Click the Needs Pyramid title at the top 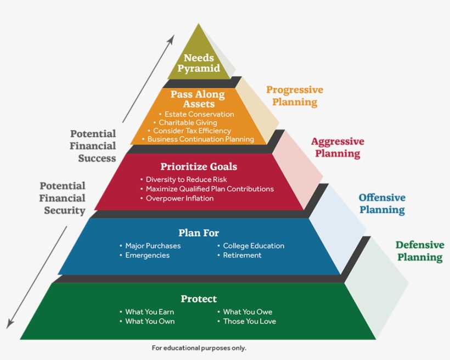point(198,63)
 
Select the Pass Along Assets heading point(197,99)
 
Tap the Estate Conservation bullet point(199,114)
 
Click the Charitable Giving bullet point(188,122)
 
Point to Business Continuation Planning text point(200,139)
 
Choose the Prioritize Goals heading point(199,166)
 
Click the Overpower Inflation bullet point(179,198)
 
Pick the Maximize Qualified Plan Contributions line point(209,189)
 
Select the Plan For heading point(199,233)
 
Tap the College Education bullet point(254,246)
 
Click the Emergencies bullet point(147,255)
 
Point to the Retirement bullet point(242,255)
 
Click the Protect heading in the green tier point(199,299)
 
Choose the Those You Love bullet point(249,321)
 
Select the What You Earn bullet point(149,312)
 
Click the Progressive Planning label point(295,95)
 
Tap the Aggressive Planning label point(337,147)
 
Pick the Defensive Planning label point(420,251)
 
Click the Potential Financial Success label point(93,146)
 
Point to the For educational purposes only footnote point(199,348)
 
